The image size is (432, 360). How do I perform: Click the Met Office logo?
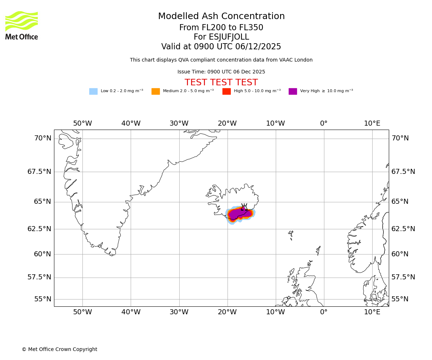tap(22, 25)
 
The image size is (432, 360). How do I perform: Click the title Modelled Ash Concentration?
tap(221, 17)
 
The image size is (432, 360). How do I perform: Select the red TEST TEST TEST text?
tap(221, 82)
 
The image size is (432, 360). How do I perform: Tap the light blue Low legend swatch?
tap(93, 91)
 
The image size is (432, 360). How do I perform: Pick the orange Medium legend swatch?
tap(156, 91)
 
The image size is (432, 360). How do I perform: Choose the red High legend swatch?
tap(226, 91)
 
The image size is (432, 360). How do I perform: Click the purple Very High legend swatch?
tap(293, 91)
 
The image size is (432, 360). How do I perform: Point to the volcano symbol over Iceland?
tap(244, 207)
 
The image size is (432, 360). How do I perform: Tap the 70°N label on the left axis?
tap(42, 138)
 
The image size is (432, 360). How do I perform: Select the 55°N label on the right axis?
tap(400, 299)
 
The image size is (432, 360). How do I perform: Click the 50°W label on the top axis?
tap(82, 123)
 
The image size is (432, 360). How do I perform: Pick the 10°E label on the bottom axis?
tap(372, 312)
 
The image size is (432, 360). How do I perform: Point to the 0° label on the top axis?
tap(324, 123)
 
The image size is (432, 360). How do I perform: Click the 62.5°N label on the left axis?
tap(39, 229)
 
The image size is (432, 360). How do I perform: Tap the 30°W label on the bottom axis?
tap(179, 312)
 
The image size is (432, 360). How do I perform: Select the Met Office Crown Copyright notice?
tap(59, 350)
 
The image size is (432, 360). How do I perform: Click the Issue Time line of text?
tap(221, 72)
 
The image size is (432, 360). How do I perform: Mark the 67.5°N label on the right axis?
tap(403, 172)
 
